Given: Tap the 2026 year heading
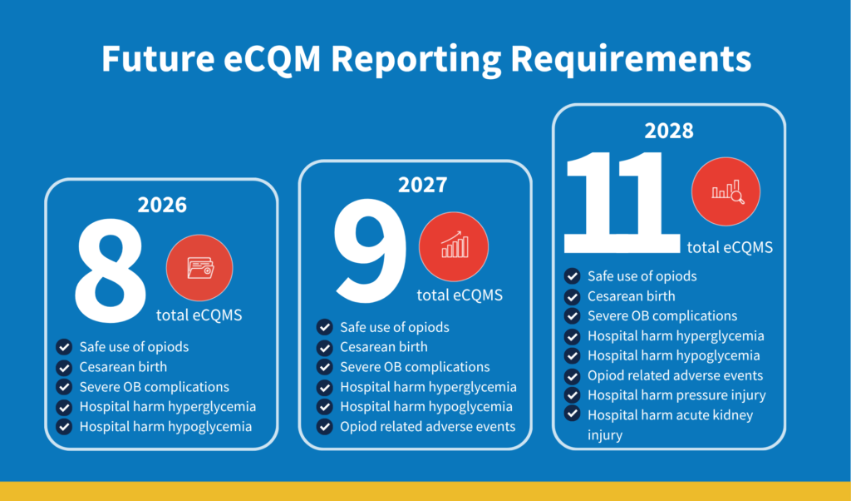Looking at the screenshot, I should [162, 205].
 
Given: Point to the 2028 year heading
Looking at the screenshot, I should [669, 131].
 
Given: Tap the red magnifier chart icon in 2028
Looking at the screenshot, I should [726, 192].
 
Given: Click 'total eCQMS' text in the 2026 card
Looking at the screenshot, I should [199, 315].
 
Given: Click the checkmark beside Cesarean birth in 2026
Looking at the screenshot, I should [64, 367].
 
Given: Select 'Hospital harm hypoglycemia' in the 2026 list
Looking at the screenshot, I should [165, 427].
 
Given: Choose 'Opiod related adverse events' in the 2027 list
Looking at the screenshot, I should [427, 427].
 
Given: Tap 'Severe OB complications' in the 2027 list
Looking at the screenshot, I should [415, 367].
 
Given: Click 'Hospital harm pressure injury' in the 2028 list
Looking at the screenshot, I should [676, 395].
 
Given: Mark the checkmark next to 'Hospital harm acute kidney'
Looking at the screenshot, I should [572, 414].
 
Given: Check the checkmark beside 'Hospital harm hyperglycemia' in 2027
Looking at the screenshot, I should [324, 387].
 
